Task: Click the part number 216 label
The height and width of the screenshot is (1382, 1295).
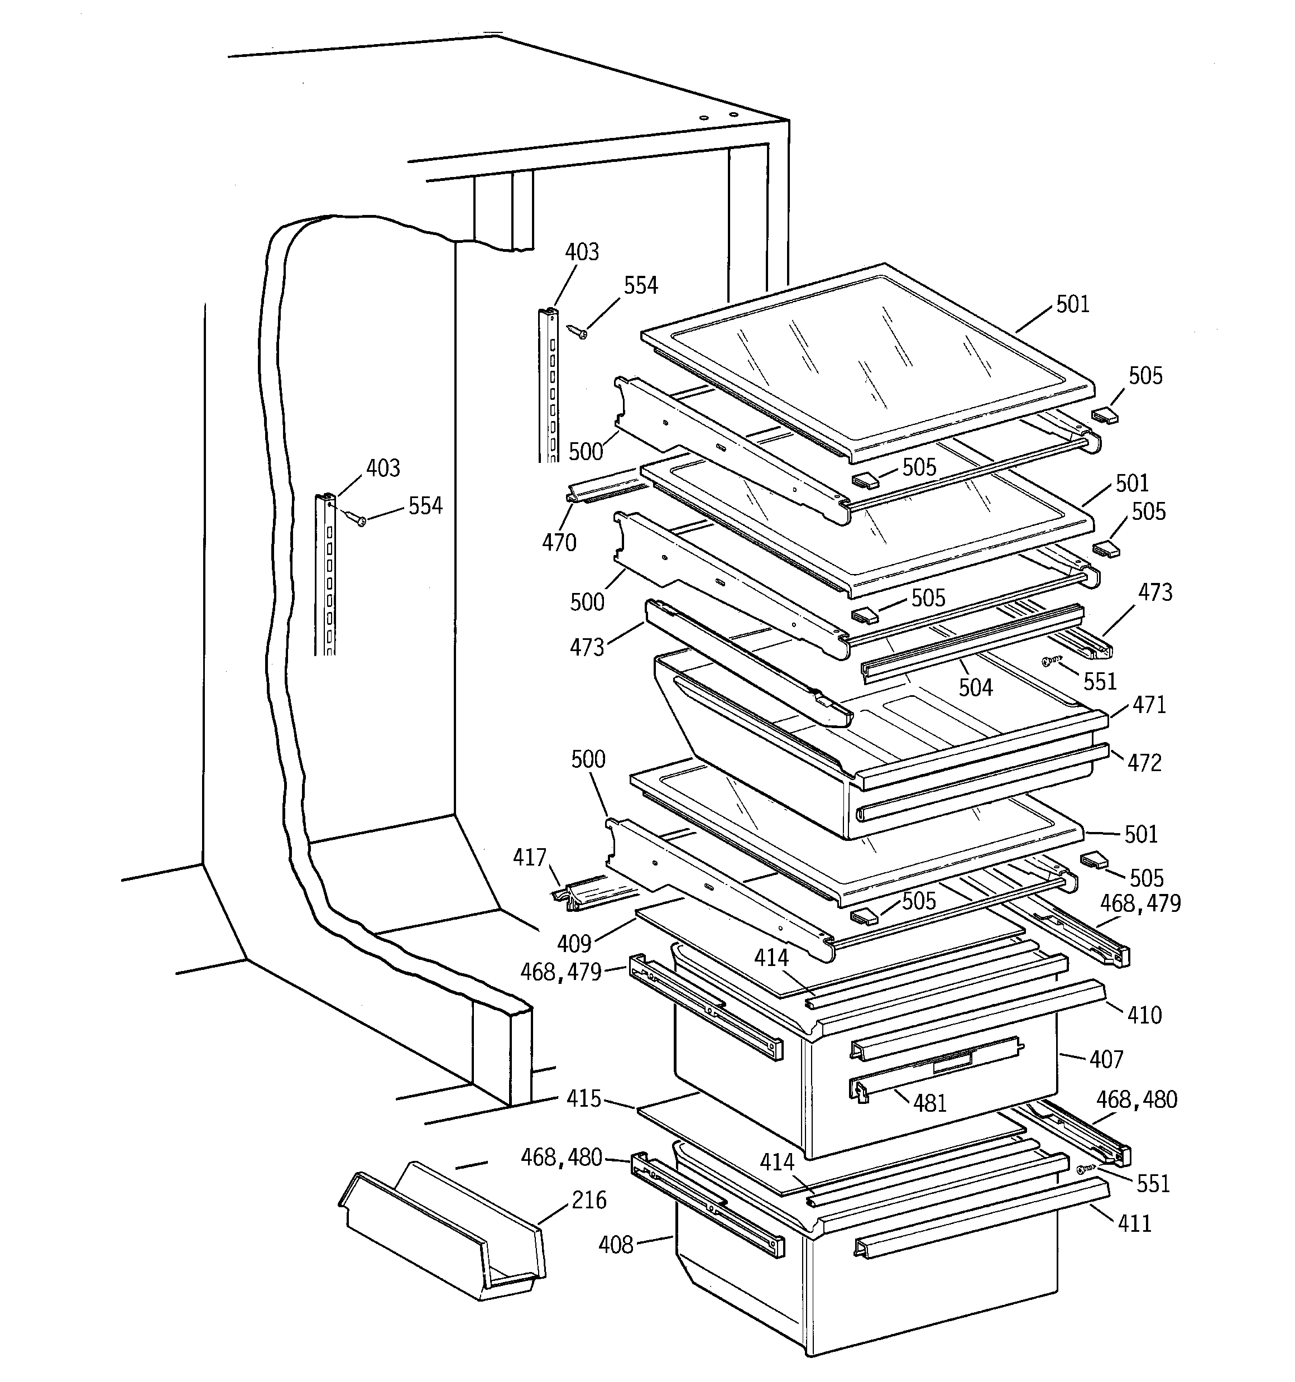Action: click(x=589, y=1201)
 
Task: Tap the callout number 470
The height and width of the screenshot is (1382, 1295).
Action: click(x=559, y=542)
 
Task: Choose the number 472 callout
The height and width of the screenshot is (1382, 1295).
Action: click(x=1144, y=763)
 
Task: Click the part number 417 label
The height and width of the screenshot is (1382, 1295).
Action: click(x=530, y=858)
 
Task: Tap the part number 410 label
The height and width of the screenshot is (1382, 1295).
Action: click(x=1144, y=1016)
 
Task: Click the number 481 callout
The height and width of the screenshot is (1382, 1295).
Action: click(x=929, y=1103)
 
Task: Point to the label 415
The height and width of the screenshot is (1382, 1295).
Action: click(x=583, y=1099)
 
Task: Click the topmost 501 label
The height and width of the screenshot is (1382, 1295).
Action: click(x=1073, y=304)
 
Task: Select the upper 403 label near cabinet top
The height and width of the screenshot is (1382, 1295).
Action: click(x=582, y=252)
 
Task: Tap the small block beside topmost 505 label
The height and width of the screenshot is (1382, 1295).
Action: click(x=1104, y=415)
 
